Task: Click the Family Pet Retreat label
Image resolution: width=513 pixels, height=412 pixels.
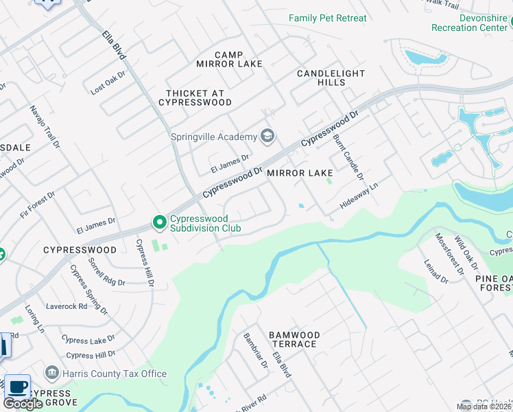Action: click(327, 19)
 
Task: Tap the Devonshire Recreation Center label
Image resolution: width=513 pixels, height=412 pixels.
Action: click(471, 23)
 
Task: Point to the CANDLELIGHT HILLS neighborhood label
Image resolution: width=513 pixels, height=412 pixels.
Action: click(331, 78)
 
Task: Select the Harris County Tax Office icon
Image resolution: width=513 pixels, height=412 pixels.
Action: click(51, 374)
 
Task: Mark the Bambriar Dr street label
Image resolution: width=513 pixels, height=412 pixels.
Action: click(256, 350)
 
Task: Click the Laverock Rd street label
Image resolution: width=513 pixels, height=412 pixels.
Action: click(67, 306)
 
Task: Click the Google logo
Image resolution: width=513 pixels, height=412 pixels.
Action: click(23, 404)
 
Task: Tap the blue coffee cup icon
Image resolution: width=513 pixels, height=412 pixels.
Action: click(18, 386)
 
